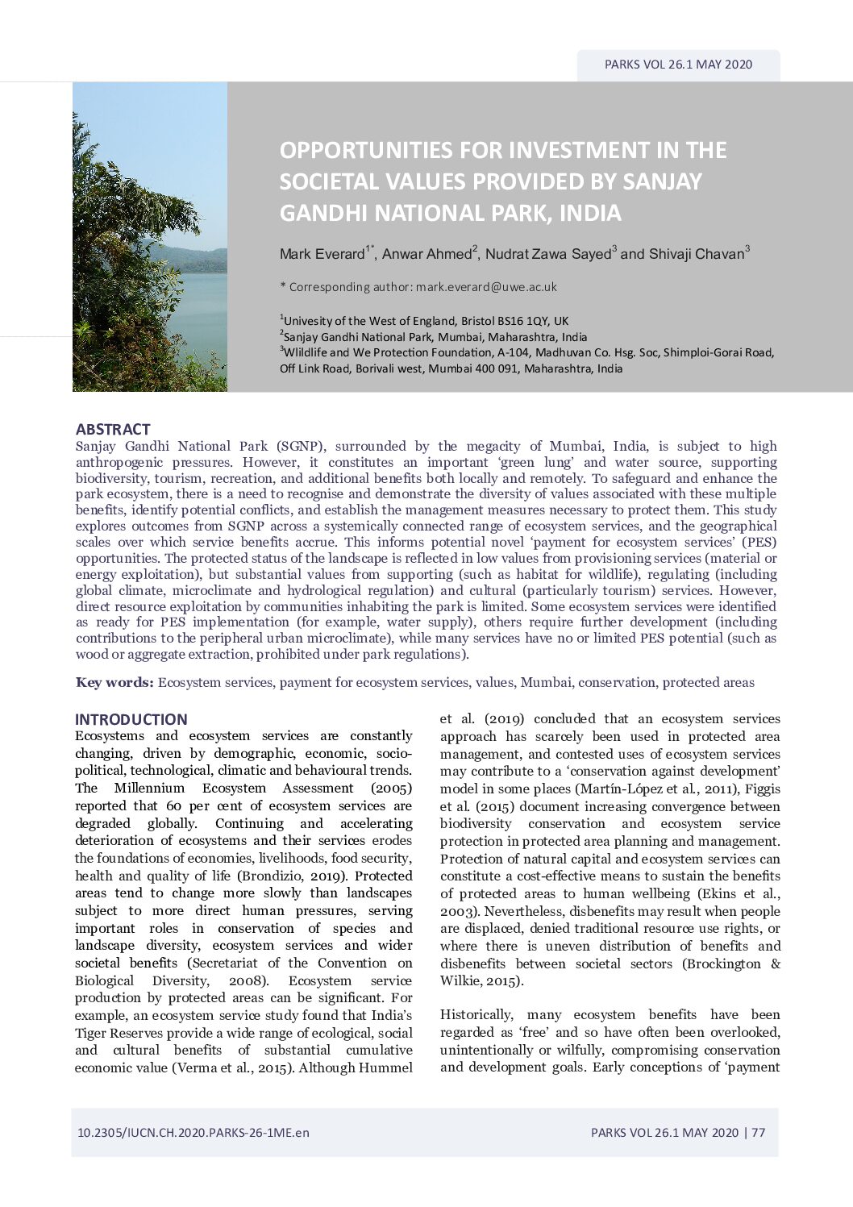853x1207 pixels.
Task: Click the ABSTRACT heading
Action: pyautogui.click(x=113, y=429)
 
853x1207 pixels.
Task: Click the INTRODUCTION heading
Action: pyautogui.click(x=131, y=719)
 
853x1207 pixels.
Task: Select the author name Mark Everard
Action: pyautogui.click(x=322, y=254)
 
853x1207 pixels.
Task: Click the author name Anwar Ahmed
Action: pyautogui.click(x=426, y=254)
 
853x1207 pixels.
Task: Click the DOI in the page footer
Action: pyautogui.click(x=193, y=1132)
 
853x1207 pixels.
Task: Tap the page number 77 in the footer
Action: pyautogui.click(x=758, y=1132)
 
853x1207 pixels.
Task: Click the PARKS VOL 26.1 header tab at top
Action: pyautogui.click(x=678, y=65)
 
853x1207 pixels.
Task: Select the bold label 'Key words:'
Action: pyautogui.click(x=114, y=682)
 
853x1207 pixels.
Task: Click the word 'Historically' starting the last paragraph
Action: pyautogui.click(x=476, y=1014)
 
